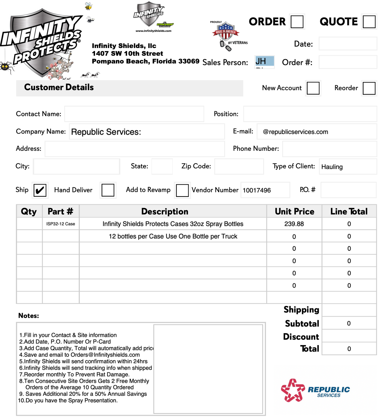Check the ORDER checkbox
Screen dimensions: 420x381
(297, 22)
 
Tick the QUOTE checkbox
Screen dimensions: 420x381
(369, 22)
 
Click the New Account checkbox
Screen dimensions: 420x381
(313, 88)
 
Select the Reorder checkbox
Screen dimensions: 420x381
(369, 88)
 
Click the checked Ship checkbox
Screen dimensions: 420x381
(40, 190)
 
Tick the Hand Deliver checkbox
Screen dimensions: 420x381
(108, 190)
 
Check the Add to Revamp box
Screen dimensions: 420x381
(182, 190)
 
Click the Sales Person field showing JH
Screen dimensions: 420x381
(264, 62)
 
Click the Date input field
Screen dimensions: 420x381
(348, 44)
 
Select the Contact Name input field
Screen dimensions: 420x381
(134, 114)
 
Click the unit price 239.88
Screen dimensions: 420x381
(294, 224)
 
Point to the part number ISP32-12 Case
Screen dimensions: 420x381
(61, 224)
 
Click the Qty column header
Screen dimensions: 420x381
(29, 211)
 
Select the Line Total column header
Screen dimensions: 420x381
(349, 211)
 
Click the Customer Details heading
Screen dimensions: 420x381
(59, 87)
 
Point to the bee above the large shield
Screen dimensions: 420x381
(88, 6)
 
